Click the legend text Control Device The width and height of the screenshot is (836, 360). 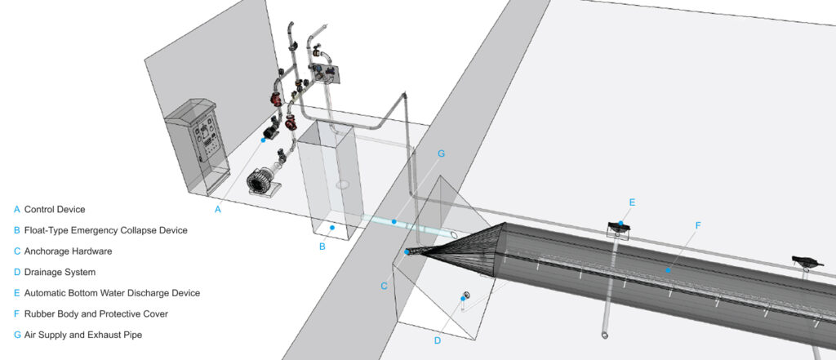tap(55, 210)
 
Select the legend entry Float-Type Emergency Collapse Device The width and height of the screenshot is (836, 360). tap(105, 230)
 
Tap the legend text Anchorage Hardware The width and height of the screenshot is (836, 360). tap(69, 251)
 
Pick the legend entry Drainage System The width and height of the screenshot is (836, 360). tap(60, 272)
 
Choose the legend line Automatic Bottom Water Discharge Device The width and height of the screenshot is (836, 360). tap(112, 293)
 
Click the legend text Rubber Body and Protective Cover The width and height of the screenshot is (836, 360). tap(96, 314)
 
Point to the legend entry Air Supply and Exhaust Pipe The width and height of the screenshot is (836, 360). tap(83, 335)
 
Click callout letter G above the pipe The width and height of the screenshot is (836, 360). tap(441, 153)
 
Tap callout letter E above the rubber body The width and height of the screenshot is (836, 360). tap(633, 202)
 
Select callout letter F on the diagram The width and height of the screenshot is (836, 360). tap(699, 225)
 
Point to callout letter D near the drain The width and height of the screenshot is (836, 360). tap(438, 340)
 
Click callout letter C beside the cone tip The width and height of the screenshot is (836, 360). tap(384, 286)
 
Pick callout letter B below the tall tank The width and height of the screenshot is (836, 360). tap(322, 247)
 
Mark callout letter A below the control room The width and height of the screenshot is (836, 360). tap(217, 210)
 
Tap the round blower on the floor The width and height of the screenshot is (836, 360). tap(260, 181)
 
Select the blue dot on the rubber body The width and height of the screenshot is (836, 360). tap(667, 271)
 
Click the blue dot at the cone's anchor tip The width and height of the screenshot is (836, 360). tap(407, 251)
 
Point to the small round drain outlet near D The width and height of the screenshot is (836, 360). tap(467, 294)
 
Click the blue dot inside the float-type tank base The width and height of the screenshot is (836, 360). tap(331, 228)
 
